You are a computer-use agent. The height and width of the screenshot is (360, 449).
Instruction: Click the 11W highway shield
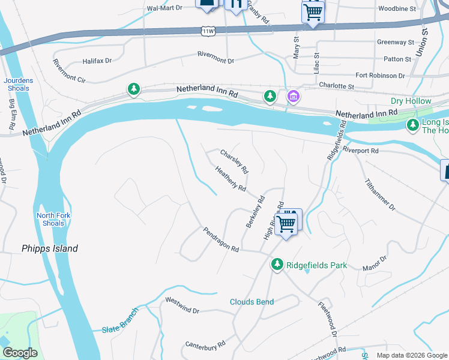(208, 31)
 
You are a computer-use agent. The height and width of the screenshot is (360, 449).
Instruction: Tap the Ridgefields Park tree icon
(277, 264)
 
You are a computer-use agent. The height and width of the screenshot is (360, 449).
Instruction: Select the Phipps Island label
(50, 248)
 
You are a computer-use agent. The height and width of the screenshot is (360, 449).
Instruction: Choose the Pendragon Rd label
(221, 239)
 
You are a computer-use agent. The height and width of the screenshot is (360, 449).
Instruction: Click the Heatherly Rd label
(231, 179)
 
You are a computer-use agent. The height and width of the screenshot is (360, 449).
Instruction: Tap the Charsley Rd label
(234, 161)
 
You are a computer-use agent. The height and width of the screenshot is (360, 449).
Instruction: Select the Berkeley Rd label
(255, 211)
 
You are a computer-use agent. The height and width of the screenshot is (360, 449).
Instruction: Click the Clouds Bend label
(252, 302)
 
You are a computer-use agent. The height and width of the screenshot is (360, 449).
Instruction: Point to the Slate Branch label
(120, 321)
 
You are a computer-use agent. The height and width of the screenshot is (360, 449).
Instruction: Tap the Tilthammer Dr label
(380, 194)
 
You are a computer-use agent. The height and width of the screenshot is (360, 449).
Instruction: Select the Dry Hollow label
(411, 101)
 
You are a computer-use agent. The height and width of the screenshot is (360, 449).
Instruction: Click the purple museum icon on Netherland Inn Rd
(293, 96)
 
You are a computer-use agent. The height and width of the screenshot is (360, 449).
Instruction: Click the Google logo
(20, 353)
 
